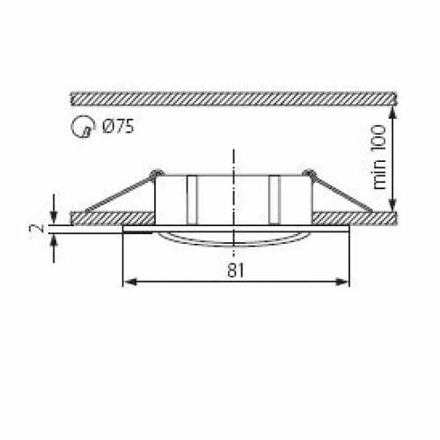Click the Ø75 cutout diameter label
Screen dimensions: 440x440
(118, 127)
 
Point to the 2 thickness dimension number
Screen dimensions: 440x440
(36, 229)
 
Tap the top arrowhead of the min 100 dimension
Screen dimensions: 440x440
(392, 103)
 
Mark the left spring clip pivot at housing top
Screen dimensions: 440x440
(156, 172)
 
